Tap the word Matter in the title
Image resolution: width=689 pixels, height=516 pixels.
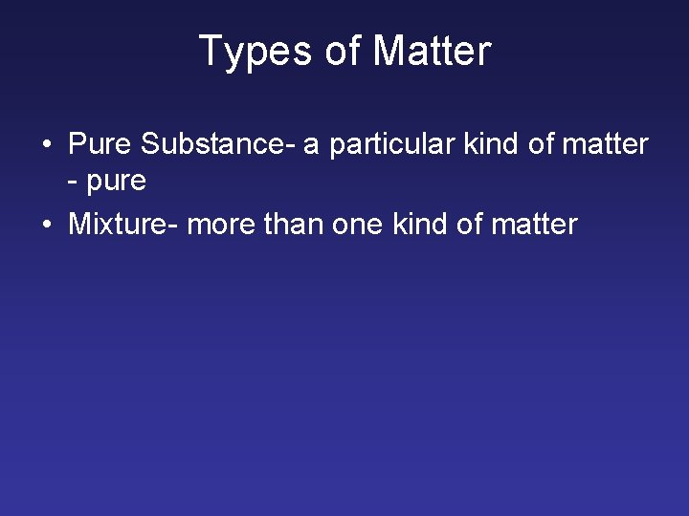pos(432,51)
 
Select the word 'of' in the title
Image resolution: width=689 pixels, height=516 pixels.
pos(344,51)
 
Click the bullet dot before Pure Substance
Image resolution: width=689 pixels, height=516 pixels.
pos(46,146)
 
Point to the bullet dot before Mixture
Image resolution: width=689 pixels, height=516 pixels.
pos(46,226)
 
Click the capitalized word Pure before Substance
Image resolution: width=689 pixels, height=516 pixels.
pos(100,144)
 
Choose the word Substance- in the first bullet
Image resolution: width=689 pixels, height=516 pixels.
pos(217,144)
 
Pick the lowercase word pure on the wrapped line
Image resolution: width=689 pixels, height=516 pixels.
pos(117,182)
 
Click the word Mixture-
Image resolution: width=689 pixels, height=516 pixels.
pos(123,225)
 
